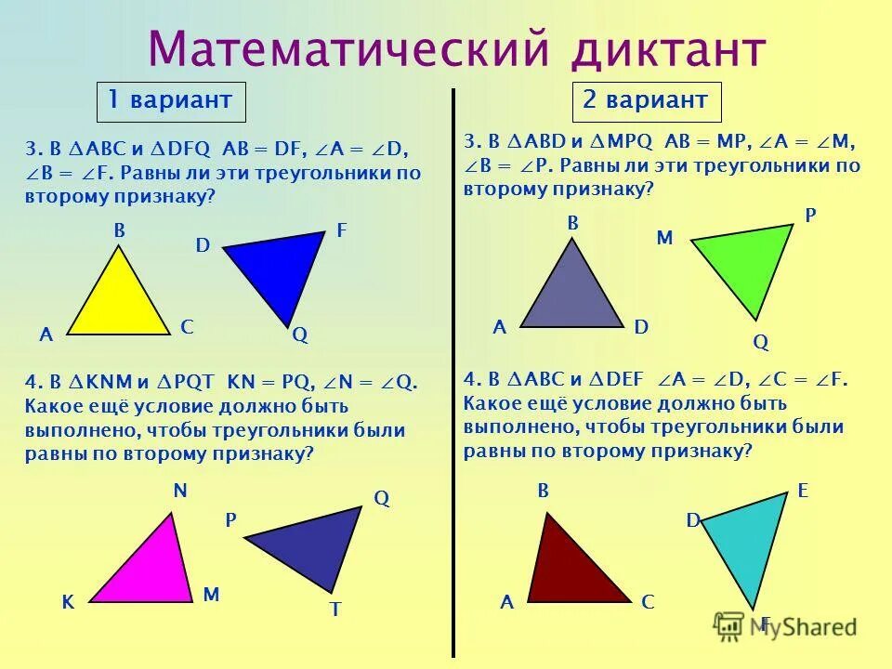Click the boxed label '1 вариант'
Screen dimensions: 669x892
pos(171,101)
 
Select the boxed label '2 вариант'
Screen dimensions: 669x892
pos(646,100)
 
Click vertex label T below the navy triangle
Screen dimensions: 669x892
pos(335,610)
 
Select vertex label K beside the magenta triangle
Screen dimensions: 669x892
pos(68,602)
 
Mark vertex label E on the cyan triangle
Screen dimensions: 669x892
pos(803,492)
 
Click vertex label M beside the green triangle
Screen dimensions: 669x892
pos(664,238)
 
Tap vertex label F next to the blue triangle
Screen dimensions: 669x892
pos(341,231)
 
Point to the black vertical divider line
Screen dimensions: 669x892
pos(453,372)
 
